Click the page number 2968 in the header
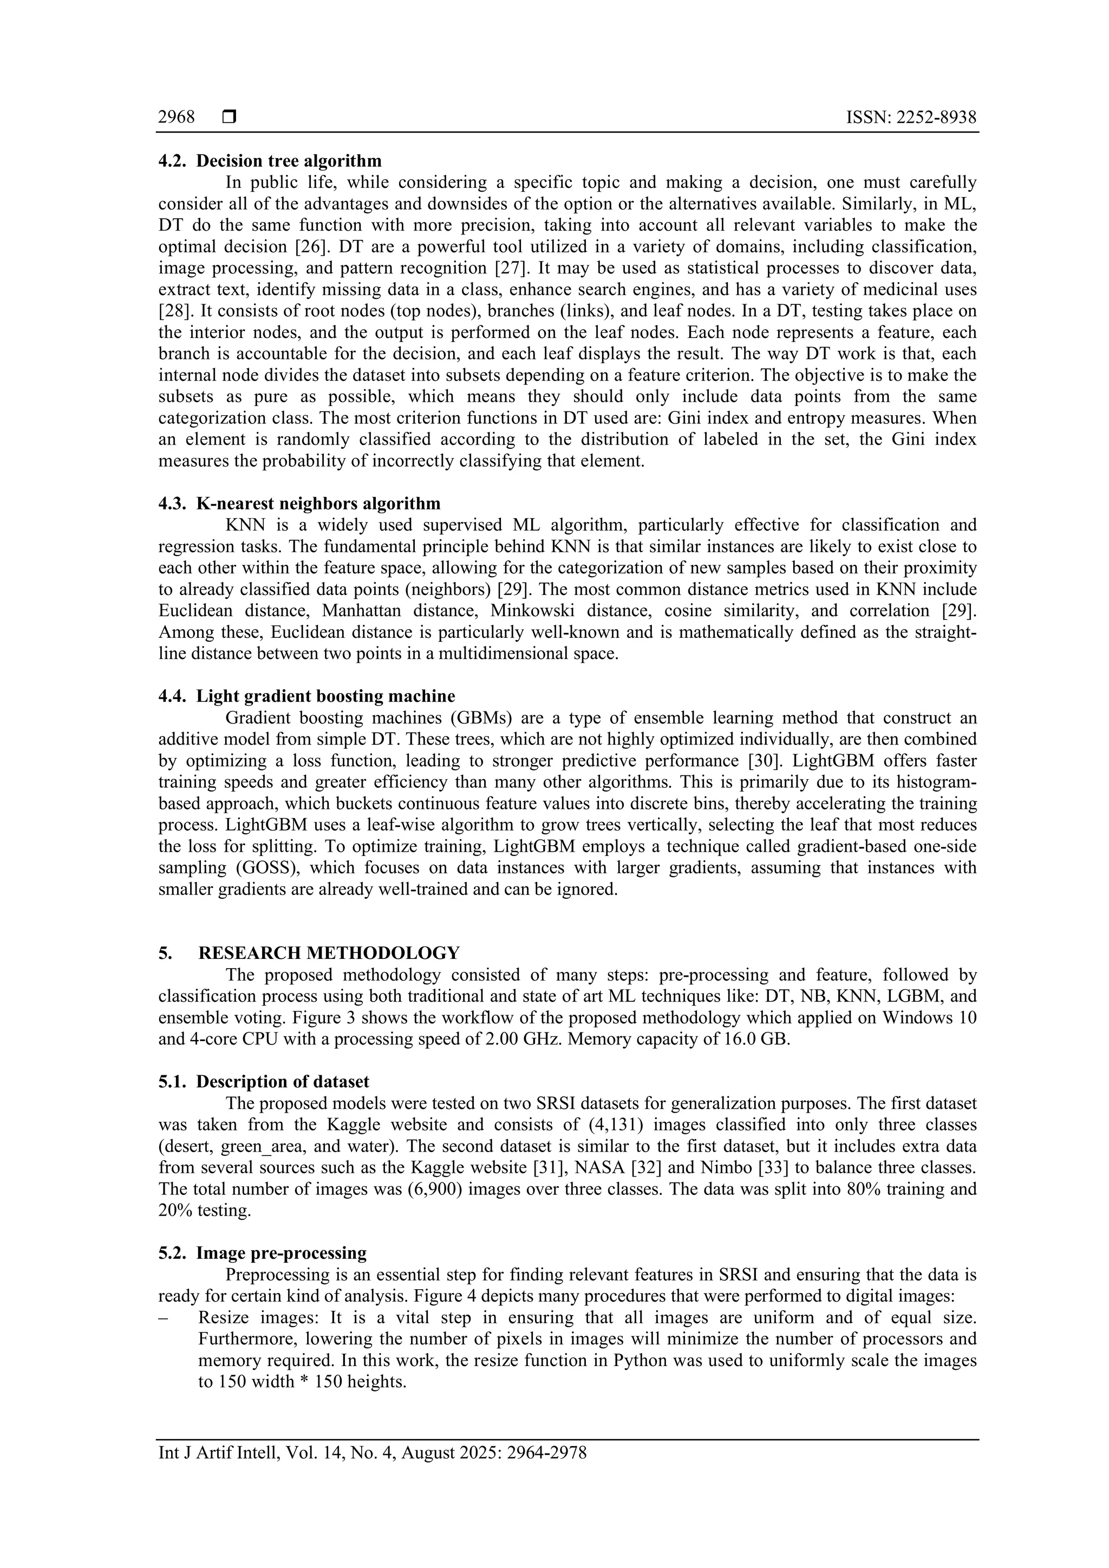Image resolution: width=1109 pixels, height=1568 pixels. [x=176, y=117]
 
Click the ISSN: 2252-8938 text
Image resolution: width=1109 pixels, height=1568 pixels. [x=911, y=117]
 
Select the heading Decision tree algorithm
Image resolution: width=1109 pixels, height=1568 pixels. [x=289, y=161]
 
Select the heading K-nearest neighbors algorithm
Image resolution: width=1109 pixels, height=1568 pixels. [x=318, y=504]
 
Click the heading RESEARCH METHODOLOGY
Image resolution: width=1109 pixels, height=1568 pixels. [x=329, y=953]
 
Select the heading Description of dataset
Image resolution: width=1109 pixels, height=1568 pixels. [x=283, y=1082]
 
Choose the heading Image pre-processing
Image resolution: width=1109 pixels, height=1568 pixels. [x=282, y=1254]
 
